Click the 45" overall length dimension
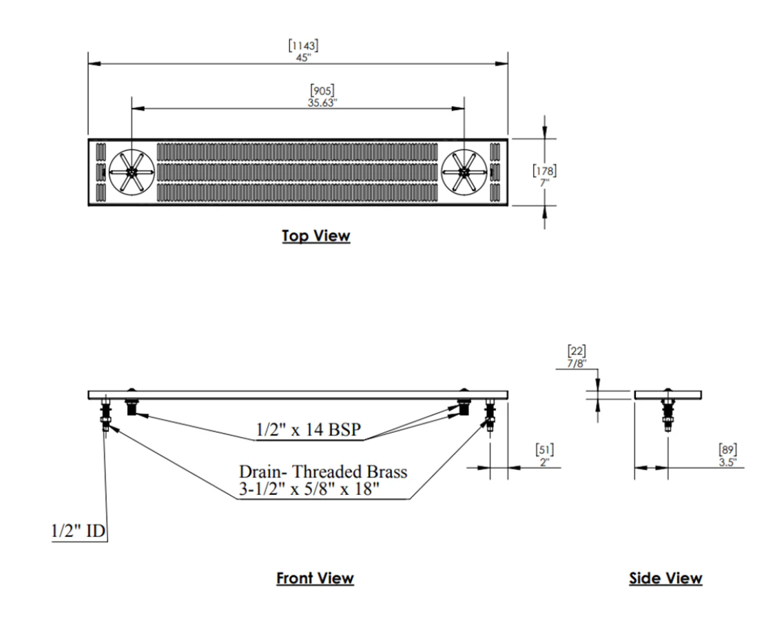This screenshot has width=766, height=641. pyautogui.click(x=303, y=57)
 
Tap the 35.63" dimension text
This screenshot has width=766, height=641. pyautogui.click(x=324, y=101)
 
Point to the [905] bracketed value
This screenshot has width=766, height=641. pyautogui.click(x=324, y=90)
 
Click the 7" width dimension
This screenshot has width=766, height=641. pyautogui.click(x=544, y=181)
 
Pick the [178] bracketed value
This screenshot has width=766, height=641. pyautogui.click(x=545, y=170)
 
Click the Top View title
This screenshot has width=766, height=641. pyautogui.click(x=315, y=236)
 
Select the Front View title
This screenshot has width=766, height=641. pyautogui.click(x=315, y=578)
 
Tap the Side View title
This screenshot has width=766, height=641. pyautogui.click(x=665, y=578)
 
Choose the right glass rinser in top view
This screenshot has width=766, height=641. pyautogui.click(x=464, y=171)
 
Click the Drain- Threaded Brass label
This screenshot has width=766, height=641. pyautogui.click(x=323, y=472)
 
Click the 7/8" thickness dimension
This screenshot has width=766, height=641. pyautogui.click(x=576, y=363)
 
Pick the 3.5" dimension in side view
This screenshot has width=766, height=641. pyautogui.click(x=726, y=462)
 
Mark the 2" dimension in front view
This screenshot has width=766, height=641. pyautogui.click(x=545, y=462)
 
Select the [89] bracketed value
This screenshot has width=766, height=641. pyautogui.click(x=727, y=451)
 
